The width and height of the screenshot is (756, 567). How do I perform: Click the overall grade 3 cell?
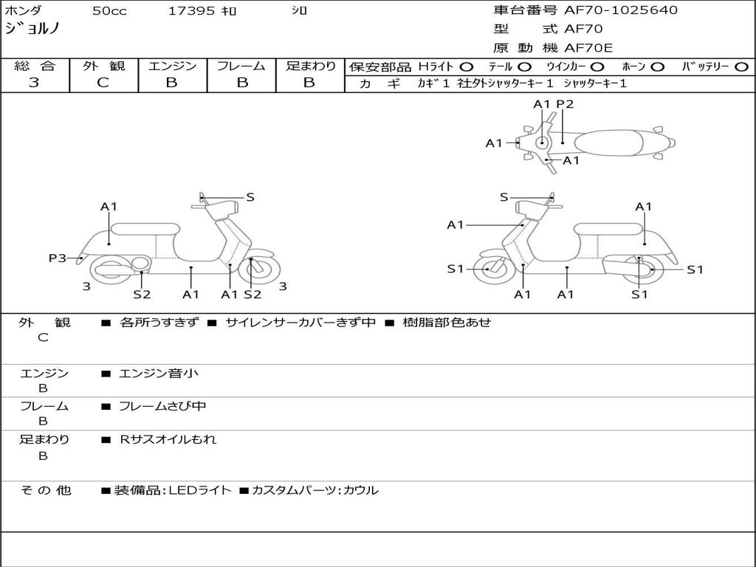point(34,83)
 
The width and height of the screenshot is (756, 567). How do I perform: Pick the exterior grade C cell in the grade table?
point(103,83)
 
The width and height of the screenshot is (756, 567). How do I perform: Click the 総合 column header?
point(34,66)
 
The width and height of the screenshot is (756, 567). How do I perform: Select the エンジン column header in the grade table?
point(172,66)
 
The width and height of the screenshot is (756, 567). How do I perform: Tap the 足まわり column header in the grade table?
point(310,66)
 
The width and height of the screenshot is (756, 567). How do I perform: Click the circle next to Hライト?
point(467,66)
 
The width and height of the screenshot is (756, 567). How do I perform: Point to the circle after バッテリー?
point(742,66)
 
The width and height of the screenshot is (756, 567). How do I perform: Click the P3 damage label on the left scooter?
point(57,258)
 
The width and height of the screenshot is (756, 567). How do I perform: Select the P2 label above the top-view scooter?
point(565,104)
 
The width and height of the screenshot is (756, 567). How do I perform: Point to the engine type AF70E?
point(588,48)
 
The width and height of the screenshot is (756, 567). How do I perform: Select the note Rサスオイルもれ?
point(168,439)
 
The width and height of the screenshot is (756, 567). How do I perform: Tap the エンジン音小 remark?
point(158,374)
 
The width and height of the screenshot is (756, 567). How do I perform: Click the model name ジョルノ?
point(32,29)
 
